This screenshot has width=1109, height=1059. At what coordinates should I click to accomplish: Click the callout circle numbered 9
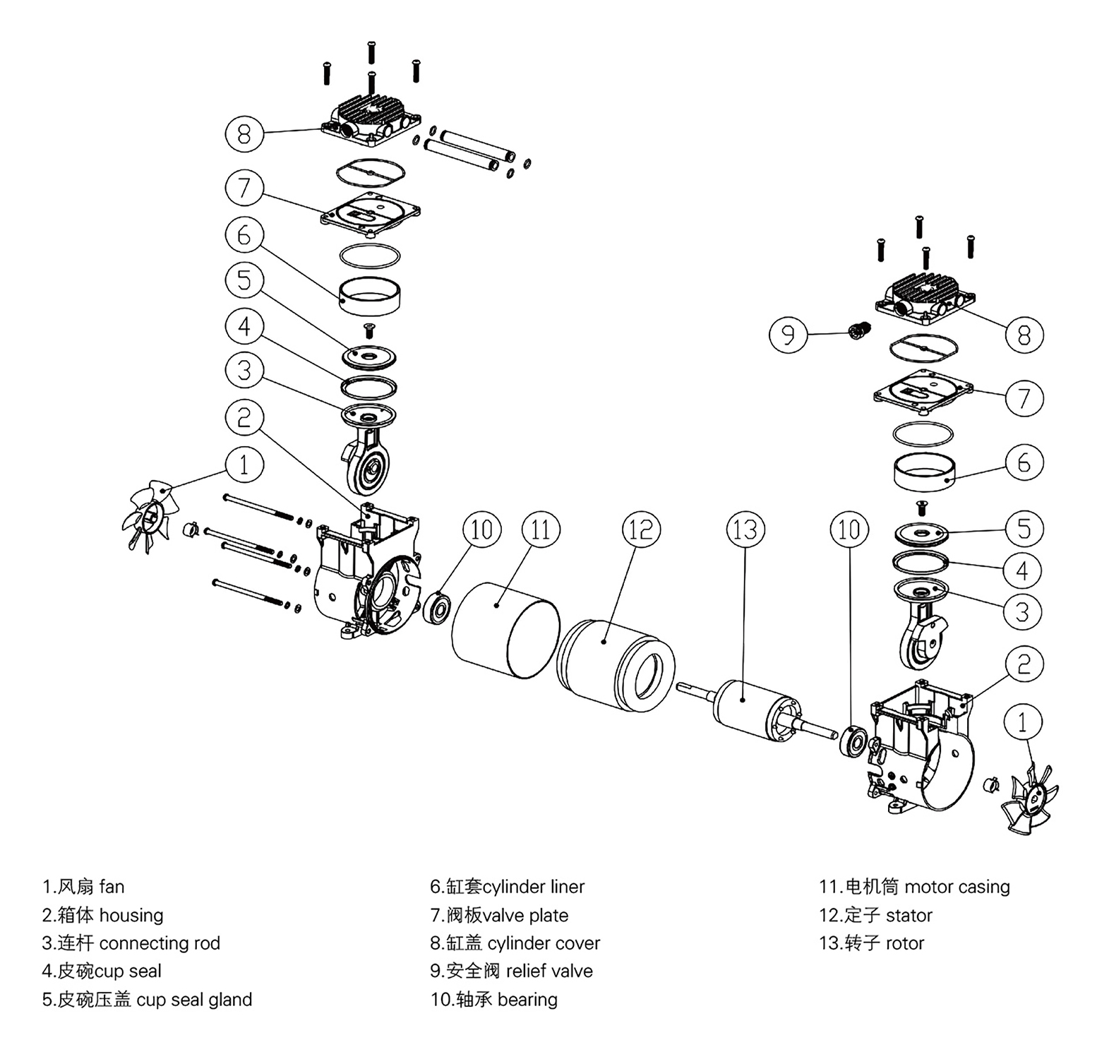[789, 334]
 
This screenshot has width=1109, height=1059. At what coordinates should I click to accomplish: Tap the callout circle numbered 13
[745, 529]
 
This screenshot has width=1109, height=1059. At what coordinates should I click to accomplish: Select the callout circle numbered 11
[541, 529]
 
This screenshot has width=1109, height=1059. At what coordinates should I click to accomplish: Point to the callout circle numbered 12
[641, 529]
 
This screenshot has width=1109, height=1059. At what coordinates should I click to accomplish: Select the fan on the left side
[150, 513]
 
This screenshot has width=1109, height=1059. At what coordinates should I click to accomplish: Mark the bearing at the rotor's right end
[853, 741]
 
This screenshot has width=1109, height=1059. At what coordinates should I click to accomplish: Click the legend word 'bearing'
[527, 1000]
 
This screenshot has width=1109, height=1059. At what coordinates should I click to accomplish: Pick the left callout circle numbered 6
[244, 235]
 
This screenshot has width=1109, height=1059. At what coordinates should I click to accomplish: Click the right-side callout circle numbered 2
[1023, 664]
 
